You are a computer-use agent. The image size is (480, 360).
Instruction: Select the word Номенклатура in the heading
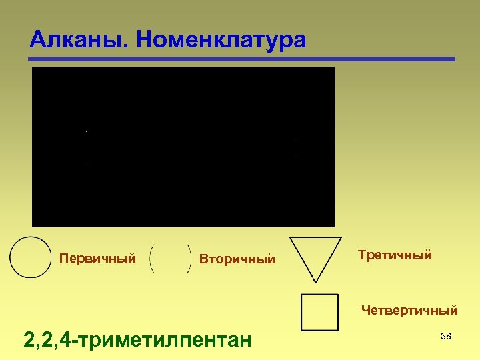220,40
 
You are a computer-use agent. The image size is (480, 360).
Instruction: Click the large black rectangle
183,146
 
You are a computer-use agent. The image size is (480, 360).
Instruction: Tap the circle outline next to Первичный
31,257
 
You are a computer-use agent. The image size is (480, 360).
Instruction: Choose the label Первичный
97,258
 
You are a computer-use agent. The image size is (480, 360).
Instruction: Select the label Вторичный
237,259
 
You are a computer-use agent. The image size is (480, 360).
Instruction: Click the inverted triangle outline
315,256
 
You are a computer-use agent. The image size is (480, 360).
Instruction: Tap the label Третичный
395,255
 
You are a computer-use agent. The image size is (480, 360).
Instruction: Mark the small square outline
319,312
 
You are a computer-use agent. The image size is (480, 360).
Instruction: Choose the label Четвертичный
409,310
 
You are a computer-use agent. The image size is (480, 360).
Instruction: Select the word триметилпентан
167,341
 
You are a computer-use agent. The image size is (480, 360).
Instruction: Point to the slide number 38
446,337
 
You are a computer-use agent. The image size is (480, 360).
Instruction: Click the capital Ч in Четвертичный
365,310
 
